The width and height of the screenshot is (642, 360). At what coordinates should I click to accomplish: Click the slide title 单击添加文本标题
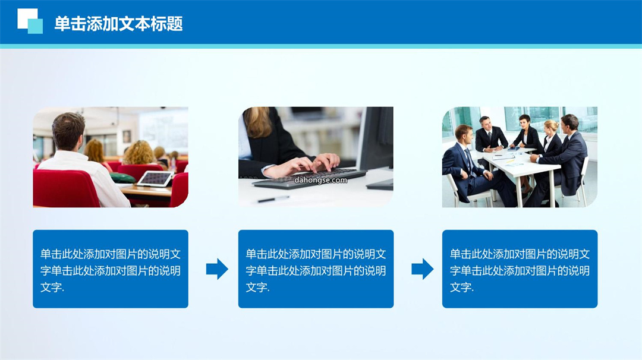[x=118, y=24]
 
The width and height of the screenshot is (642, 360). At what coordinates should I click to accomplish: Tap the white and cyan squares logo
[x=30, y=21]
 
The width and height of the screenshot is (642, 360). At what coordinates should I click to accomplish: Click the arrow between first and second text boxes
[x=217, y=269]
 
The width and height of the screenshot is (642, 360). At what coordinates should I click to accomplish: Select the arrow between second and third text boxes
[x=423, y=269]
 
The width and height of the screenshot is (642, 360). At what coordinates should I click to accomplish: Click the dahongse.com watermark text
[x=320, y=180]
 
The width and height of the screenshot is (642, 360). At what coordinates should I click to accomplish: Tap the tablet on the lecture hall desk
[x=155, y=179]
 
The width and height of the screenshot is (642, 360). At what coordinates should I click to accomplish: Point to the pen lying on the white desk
[x=273, y=199]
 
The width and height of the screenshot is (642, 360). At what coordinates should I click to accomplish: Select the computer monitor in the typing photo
[x=375, y=143]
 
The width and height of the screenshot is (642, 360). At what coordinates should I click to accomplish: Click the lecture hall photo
[x=111, y=157]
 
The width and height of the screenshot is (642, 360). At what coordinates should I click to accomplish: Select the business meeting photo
[x=520, y=157]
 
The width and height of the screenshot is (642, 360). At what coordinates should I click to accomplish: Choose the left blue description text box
[x=111, y=269]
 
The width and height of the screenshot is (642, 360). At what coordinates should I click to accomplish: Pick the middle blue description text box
[x=316, y=269]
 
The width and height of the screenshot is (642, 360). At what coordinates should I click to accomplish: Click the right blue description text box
[x=520, y=269]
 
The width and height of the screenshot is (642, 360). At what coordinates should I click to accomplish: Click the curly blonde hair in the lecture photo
[x=139, y=153]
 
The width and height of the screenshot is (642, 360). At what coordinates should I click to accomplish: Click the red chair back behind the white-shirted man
[x=65, y=188]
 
